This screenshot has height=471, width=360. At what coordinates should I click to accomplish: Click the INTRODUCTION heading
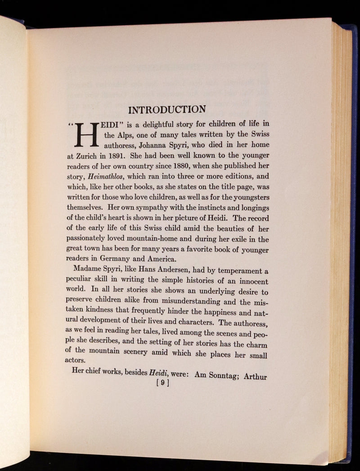coord(167,110)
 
